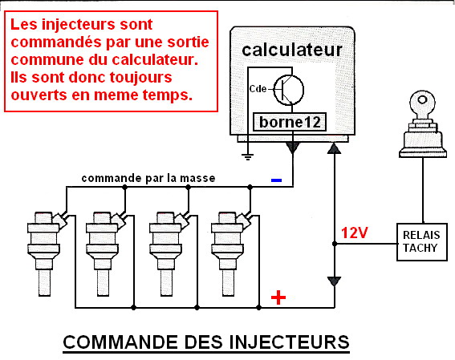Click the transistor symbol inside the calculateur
point(289,90)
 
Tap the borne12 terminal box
point(290,122)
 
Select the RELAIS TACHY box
point(422,242)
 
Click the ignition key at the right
point(422,124)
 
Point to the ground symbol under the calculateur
point(247,156)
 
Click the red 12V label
point(355,233)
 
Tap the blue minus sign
point(276,180)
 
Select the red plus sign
point(278,297)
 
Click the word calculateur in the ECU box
point(292,51)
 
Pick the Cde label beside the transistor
point(258,88)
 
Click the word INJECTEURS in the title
point(290,342)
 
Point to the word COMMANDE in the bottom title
point(120,342)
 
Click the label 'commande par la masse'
point(148,178)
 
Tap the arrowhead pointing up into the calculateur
point(334,148)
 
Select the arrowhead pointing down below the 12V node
point(334,281)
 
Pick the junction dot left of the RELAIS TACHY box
point(335,244)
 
